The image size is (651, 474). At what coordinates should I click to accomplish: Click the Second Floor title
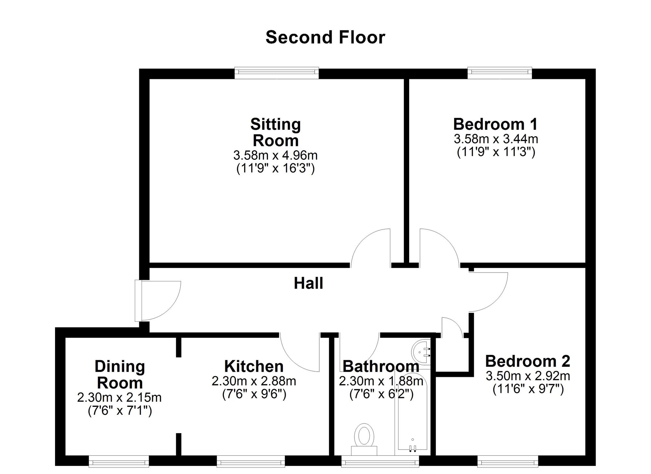pyautogui.click(x=325, y=37)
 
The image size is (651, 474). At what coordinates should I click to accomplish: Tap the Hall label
pyautogui.click(x=308, y=283)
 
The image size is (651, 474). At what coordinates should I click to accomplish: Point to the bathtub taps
pyautogui.click(x=412, y=449)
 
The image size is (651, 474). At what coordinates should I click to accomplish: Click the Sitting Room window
pyautogui.click(x=277, y=73)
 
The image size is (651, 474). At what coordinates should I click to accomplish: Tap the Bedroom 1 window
pyautogui.click(x=500, y=73)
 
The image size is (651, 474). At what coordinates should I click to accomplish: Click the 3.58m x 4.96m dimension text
pyautogui.click(x=275, y=156)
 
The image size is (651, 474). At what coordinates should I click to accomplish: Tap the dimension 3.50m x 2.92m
pyautogui.click(x=528, y=376)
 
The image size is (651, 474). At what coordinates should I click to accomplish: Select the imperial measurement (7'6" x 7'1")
pyautogui.click(x=120, y=411)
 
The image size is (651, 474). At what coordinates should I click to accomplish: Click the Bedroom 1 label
pyautogui.click(x=495, y=124)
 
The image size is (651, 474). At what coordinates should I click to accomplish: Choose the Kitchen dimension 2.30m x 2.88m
pyautogui.click(x=254, y=381)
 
